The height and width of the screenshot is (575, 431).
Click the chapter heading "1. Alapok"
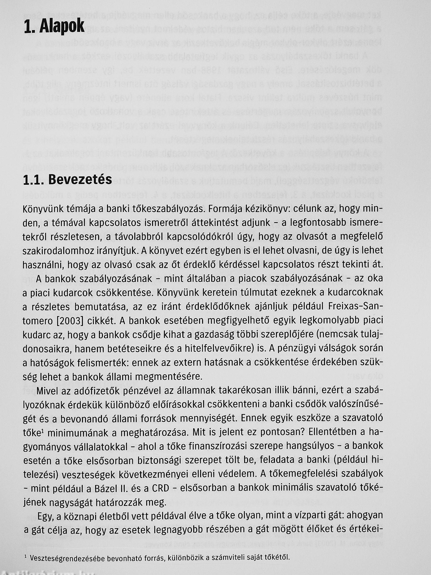pyautogui.click(x=54, y=27)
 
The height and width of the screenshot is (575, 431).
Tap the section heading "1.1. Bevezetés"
pyautogui.click(x=68, y=180)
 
